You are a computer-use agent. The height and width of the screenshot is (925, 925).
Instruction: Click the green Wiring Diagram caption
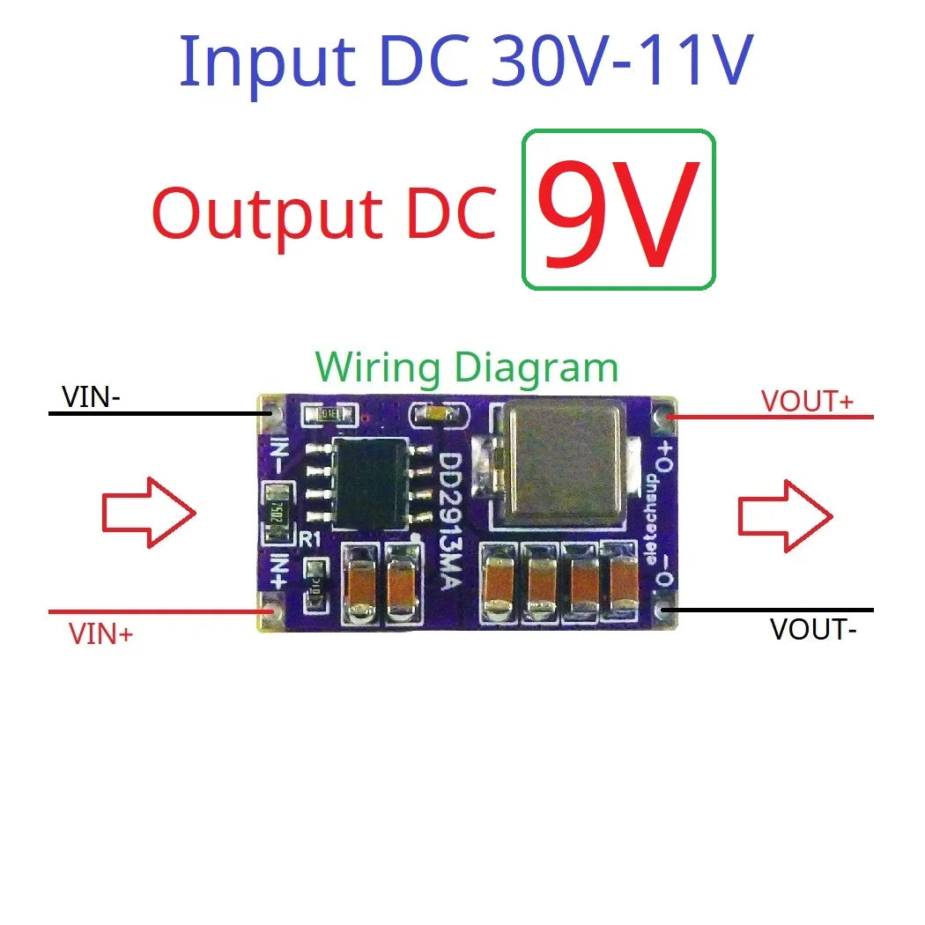tap(467, 367)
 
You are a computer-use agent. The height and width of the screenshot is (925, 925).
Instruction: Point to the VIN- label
tap(91, 398)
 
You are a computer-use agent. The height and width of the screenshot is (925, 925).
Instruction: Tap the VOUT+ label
tap(807, 401)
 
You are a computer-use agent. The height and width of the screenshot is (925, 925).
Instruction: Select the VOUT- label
tap(812, 629)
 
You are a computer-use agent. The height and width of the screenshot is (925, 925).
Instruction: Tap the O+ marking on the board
tap(666, 455)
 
